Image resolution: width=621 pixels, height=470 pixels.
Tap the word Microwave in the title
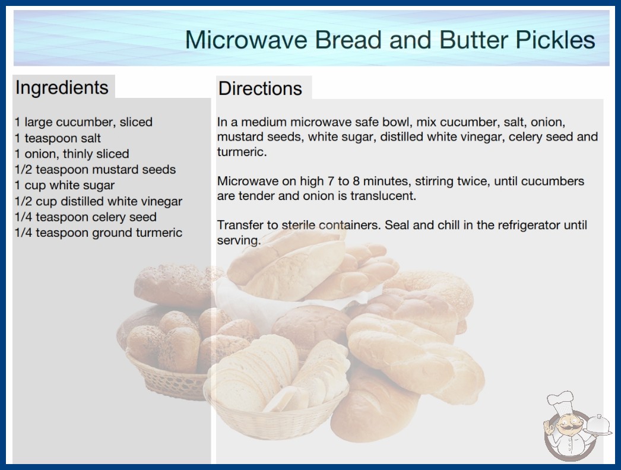[x=246, y=40]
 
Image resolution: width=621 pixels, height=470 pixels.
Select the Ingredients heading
[x=62, y=88]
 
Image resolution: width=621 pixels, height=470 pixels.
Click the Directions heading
[x=260, y=88]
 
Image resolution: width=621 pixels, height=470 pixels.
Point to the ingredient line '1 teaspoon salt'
[x=58, y=138]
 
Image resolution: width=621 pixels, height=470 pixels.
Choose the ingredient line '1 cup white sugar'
[x=65, y=185]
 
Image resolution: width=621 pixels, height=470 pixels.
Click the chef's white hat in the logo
[x=560, y=402]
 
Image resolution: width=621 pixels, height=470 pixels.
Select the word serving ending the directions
[x=239, y=240]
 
